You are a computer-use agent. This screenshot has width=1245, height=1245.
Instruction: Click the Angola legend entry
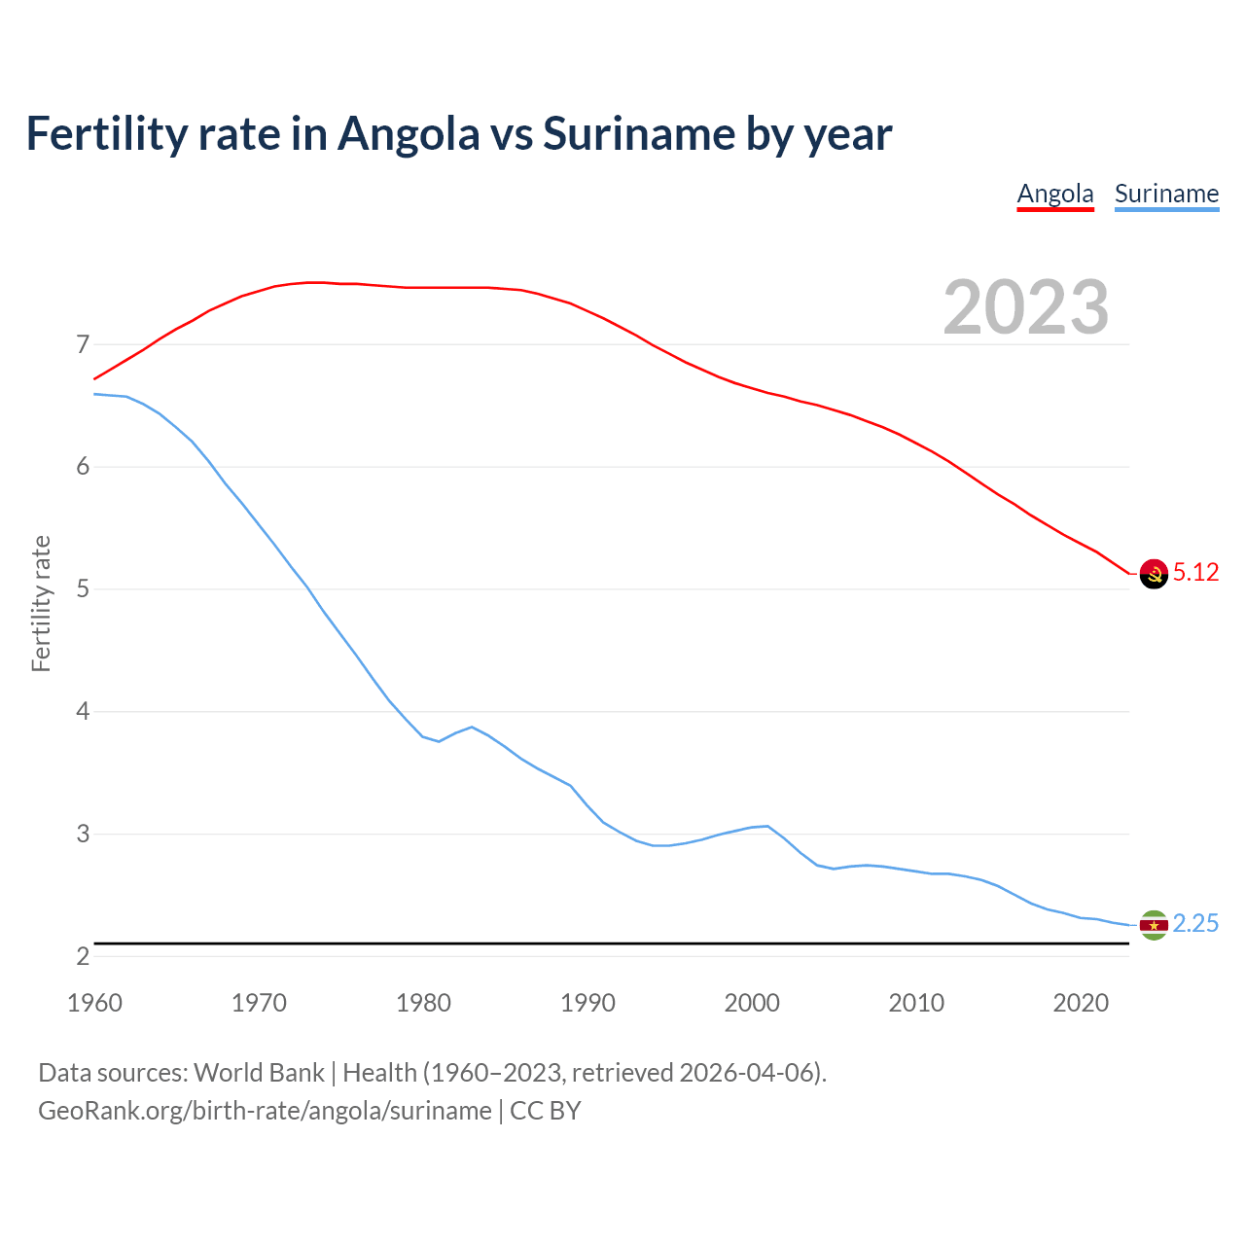tap(1055, 194)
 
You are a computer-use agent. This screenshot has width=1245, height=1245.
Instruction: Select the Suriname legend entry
tap(1166, 194)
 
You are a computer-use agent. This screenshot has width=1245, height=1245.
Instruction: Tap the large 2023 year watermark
tap(1025, 307)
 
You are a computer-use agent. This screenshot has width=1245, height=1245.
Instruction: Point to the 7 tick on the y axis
tap(82, 344)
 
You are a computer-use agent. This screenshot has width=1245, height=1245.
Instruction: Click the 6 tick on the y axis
tap(82, 467)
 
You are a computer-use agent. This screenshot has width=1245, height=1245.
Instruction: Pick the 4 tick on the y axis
tap(82, 712)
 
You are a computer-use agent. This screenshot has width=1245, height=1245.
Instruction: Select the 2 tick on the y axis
tap(82, 957)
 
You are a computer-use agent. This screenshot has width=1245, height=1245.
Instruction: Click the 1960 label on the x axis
tap(94, 1003)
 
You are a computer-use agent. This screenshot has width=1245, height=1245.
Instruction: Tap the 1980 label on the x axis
tap(423, 1003)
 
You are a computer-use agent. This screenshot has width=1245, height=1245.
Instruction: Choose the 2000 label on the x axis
tap(752, 1003)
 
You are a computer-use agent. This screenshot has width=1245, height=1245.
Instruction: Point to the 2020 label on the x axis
tap(1081, 1003)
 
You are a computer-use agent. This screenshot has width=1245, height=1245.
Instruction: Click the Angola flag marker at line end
tap(1154, 574)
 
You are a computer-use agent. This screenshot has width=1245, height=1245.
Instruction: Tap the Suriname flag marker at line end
tap(1154, 925)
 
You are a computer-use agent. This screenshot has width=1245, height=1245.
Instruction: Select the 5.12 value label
tap(1195, 573)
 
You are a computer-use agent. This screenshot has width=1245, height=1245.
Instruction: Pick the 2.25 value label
tap(1195, 924)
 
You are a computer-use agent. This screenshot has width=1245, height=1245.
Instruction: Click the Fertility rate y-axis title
tap(41, 603)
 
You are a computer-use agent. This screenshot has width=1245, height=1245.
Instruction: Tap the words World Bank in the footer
tap(259, 1073)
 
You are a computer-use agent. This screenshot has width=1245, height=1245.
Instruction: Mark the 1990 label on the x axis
tap(587, 1003)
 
